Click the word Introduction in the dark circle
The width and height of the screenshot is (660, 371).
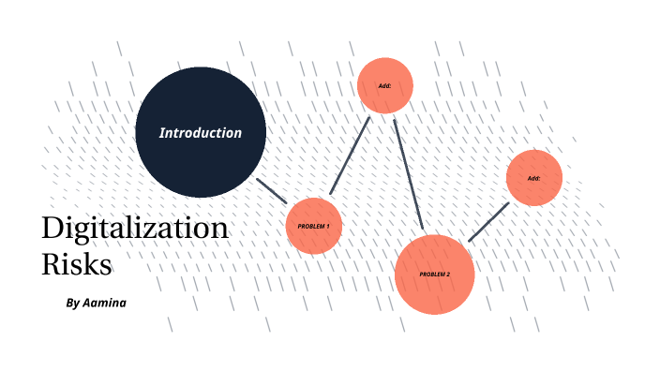point(200,133)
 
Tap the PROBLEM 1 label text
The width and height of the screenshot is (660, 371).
point(313,227)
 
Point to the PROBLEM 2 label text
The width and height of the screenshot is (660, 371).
point(434,274)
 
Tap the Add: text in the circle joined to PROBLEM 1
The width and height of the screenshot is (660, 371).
point(384,85)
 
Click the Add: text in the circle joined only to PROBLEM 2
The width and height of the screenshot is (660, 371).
point(533,178)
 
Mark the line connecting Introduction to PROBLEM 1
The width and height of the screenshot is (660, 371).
point(272,190)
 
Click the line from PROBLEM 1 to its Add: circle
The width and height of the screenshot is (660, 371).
point(351,155)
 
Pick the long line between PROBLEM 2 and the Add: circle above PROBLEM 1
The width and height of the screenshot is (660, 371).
point(409,174)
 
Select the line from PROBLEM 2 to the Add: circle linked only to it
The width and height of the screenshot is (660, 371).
point(488,221)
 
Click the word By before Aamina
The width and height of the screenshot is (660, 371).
point(73,304)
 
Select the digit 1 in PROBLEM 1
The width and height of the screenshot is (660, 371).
point(328,227)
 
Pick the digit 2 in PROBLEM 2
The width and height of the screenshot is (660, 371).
point(448,274)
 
